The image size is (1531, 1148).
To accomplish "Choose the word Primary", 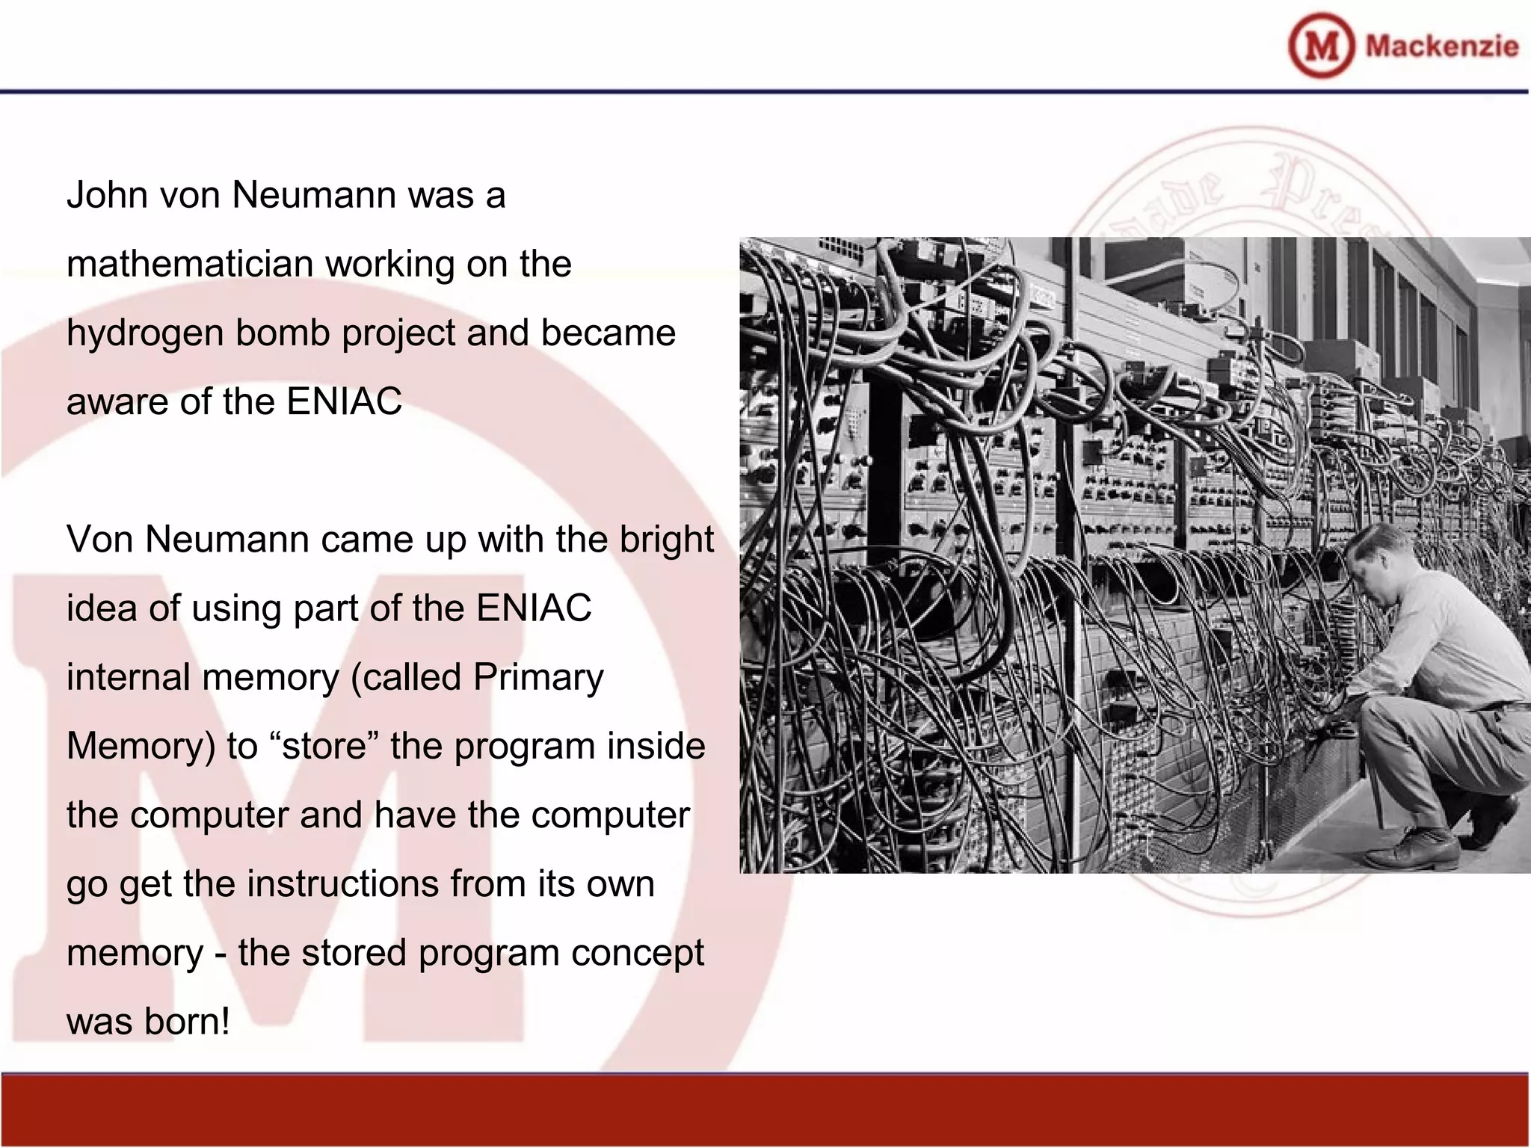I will point(538,678).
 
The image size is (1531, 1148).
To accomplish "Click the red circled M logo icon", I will point(1321,46).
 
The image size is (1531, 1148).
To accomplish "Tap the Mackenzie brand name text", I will point(1441,46).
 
